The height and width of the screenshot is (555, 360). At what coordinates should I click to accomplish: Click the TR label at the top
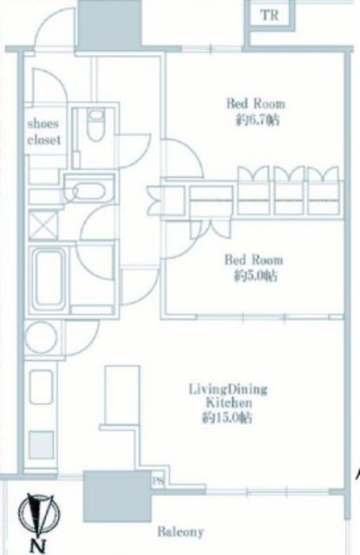tap(270, 16)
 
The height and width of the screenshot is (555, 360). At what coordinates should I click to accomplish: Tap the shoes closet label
tap(44, 132)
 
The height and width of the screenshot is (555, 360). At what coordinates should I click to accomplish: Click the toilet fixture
tap(95, 125)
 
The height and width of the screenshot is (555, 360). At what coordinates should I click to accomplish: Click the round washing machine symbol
tap(41, 337)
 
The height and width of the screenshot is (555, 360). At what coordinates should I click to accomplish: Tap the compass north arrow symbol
tap(39, 517)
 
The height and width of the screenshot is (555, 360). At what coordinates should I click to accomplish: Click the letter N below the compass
tap(38, 547)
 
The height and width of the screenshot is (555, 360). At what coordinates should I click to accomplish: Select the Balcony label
tap(180, 532)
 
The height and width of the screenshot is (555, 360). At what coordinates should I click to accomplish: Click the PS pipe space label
tap(158, 481)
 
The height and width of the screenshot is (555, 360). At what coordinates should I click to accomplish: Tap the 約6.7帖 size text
tap(258, 121)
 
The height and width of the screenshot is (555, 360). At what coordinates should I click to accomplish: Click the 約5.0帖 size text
tap(255, 276)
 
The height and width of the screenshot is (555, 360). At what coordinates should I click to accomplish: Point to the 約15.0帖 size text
tap(227, 418)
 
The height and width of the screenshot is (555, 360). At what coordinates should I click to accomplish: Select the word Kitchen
tap(229, 402)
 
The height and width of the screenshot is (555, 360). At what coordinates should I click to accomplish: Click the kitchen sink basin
tap(41, 387)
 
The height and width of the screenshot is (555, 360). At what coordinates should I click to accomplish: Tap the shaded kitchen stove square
tap(41, 445)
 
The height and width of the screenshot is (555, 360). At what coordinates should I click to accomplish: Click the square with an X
tap(43, 225)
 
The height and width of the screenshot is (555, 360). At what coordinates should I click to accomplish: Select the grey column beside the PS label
tap(118, 496)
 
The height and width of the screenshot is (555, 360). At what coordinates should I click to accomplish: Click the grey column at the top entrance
tap(109, 25)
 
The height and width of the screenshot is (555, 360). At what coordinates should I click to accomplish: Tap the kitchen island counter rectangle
tap(122, 395)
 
